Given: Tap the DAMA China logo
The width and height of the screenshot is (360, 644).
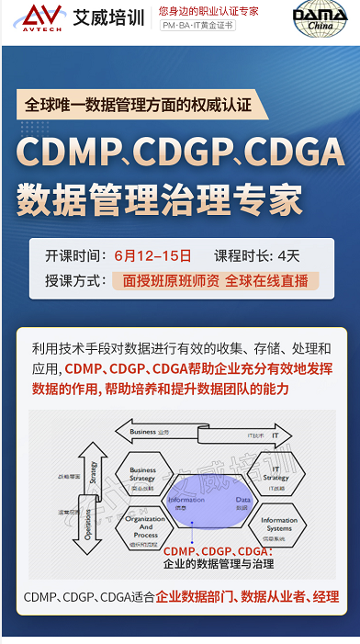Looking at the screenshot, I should point(320,19).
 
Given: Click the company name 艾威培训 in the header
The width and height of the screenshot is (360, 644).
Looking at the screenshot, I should point(109,17).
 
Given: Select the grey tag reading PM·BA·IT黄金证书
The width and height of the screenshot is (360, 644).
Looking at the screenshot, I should point(197,26).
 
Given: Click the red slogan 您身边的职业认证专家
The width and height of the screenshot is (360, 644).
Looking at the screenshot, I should point(208,10).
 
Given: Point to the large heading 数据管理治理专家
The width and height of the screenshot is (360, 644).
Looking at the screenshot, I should point(159,197).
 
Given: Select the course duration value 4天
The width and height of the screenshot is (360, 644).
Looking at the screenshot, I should point(288,255).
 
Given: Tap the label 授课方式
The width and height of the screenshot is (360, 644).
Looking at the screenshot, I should point(73,280).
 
